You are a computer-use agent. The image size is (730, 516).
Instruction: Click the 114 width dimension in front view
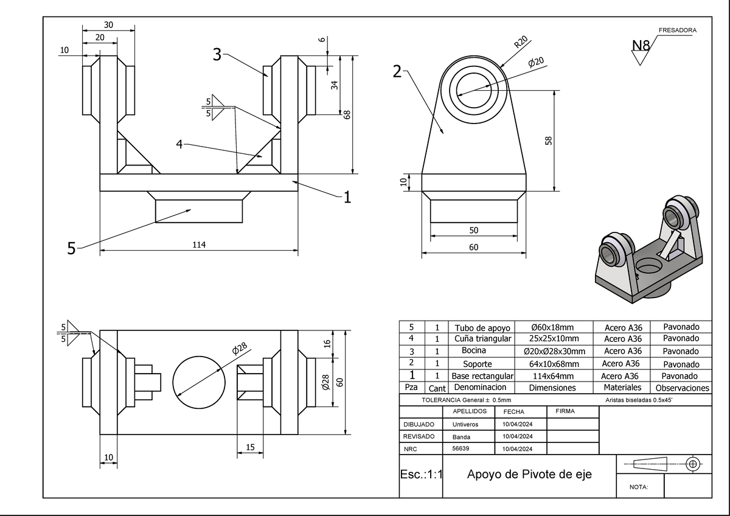click(199, 245)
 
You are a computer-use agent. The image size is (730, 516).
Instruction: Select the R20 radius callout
click(520, 42)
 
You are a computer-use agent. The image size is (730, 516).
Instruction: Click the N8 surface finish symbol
click(641, 46)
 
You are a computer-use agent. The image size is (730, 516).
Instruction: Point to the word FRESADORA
click(677, 30)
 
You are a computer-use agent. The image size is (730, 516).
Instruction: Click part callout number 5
click(71, 248)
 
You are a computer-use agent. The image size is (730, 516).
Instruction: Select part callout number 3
click(217, 55)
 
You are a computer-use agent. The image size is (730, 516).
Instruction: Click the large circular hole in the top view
click(199, 382)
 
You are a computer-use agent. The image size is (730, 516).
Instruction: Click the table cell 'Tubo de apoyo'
click(482, 327)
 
